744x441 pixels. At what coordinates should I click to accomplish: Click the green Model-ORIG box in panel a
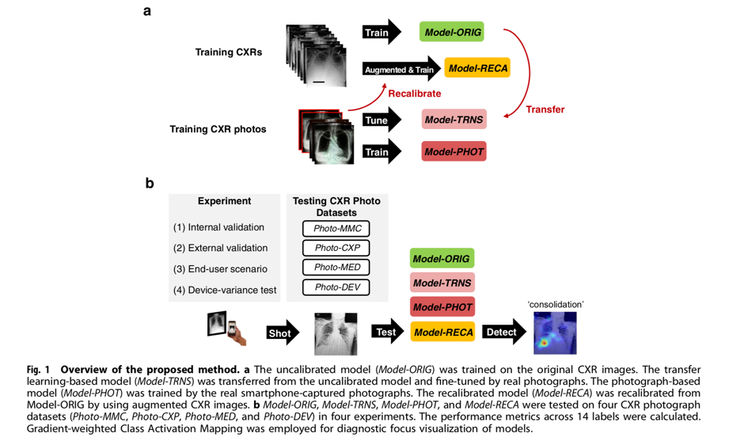click(x=453, y=32)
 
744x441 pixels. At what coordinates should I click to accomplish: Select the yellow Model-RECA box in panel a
click(x=477, y=68)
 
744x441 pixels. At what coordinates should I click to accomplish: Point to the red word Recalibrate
click(x=415, y=93)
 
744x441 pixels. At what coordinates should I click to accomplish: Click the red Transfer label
click(x=545, y=110)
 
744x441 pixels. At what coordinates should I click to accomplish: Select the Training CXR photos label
click(x=218, y=129)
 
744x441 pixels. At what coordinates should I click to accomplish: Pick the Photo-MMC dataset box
click(x=336, y=229)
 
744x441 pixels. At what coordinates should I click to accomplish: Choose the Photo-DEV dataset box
click(x=336, y=287)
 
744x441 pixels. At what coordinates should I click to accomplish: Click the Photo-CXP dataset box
click(x=336, y=248)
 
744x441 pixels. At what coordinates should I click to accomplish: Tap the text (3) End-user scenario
click(x=220, y=268)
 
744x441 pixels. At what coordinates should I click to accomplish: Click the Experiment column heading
click(x=224, y=202)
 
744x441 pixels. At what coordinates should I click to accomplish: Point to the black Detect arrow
click(x=504, y=333)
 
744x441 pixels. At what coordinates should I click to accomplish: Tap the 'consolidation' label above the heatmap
click(x=554, y=304)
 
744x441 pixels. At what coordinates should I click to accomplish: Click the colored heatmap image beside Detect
click(x=554, y=333)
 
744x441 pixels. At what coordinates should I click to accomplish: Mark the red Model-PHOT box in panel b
click(x=442, y=307)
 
